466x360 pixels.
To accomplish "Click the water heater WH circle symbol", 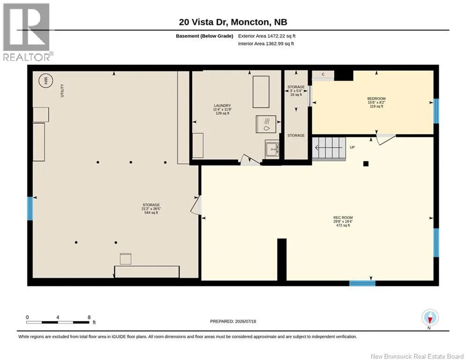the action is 46,80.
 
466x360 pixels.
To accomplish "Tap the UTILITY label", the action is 62,90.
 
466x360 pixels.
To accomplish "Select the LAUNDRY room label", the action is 222,105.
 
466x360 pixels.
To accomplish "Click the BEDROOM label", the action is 376,98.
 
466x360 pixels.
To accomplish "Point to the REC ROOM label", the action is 343,217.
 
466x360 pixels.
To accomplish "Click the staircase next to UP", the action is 329,148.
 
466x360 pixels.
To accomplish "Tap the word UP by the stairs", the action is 352,147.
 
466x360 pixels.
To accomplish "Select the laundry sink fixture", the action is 272,148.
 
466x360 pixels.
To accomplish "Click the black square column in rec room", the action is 366,164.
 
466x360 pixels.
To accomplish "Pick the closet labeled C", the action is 323,75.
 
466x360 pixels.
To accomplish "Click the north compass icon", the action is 430,318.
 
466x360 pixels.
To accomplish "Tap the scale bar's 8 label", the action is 89,317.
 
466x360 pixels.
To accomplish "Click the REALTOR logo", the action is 28,32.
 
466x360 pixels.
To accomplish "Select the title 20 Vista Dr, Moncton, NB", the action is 233,22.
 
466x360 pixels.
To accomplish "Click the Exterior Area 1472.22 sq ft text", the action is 266,36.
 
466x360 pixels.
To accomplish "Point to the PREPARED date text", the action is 233,321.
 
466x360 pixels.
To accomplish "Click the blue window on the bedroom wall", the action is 436,111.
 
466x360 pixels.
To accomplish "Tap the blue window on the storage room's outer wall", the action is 30,209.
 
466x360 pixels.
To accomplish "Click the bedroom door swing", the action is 385,139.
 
